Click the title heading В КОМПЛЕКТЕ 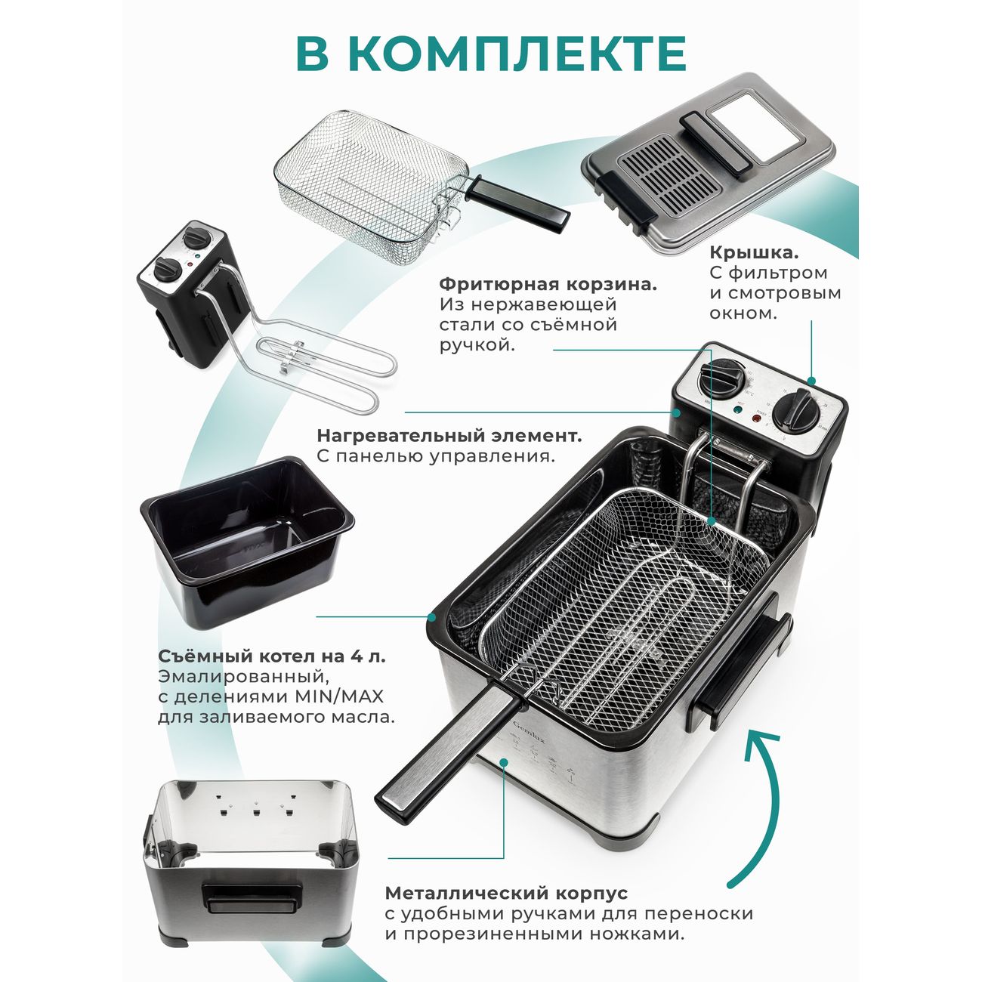point(491,54)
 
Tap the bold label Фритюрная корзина point(548,284)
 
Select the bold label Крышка point(754,252)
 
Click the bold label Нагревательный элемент point(449,436)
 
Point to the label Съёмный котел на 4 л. point(272,656)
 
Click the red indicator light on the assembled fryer point(755,419)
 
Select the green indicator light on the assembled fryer point(737,409)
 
